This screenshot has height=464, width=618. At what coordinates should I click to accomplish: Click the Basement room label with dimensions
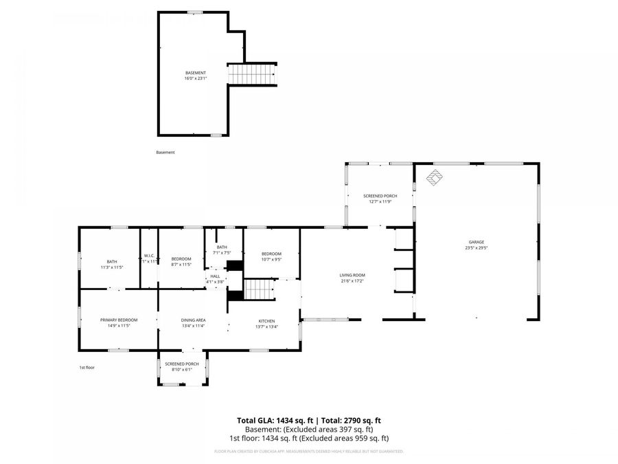pos(195,76)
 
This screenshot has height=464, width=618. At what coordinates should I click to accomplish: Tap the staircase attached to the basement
pos(253,73)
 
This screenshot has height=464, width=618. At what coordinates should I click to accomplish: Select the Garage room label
pos(477,245)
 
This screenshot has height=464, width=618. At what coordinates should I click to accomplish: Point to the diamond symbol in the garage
pos(434,178)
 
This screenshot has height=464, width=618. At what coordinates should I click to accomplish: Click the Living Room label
pos(352,278)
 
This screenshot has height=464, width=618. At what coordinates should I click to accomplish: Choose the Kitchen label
pos(266,324)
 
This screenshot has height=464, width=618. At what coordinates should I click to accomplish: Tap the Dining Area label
pos(193,323)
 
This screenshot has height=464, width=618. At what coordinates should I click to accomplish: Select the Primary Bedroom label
pos(119,322)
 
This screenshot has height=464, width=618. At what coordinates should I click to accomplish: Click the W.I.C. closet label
pos(149,258)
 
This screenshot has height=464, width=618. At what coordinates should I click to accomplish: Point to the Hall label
pos(215,278)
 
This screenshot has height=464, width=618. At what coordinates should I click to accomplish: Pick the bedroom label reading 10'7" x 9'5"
pos(271,257)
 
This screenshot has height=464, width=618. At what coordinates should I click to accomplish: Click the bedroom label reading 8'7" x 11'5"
pos(181,261)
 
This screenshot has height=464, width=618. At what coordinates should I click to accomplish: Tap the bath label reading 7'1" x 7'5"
pos(222,250)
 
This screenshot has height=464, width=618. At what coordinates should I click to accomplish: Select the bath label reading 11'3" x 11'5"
pos(111,264)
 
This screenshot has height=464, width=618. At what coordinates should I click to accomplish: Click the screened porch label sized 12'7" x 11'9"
pos(380,199)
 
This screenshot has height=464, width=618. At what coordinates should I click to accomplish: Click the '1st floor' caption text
pos(87,368)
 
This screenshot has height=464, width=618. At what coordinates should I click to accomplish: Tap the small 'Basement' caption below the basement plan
pos(165,153)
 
